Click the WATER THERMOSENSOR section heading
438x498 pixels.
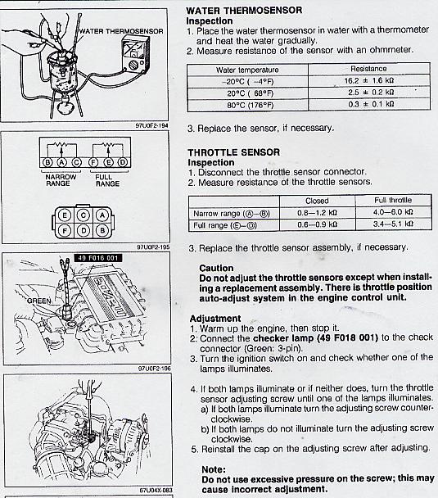[x=244, y=10]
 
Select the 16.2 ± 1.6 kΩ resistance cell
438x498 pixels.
[x=369, y=80]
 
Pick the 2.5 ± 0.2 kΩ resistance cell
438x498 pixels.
[x=369, y=93]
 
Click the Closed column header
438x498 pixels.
[x=317, y=201]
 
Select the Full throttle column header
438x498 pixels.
[x=393, y=200]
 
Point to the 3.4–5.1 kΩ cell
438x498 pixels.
[x=393, y=224]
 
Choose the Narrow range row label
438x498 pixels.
[x=232, y=214]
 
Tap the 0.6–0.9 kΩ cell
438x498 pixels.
[x=317, y=225]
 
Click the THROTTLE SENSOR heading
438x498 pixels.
[x=234, y=152]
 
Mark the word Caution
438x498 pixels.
[x=216, y=268]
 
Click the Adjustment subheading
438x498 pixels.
[x=215, y=319]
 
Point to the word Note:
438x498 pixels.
[x=214, y=469]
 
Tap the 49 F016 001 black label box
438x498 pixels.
[x=97, y=258]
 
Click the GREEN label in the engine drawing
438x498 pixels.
[x=38, y=301]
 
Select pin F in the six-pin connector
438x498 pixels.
[x=65, y=230]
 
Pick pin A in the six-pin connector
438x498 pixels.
[x=102, y=215]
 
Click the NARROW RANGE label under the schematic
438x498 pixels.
[x=61, y=180]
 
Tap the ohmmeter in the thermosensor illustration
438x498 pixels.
[x=136, y=52]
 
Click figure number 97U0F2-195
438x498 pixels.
[x=153, y=247]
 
